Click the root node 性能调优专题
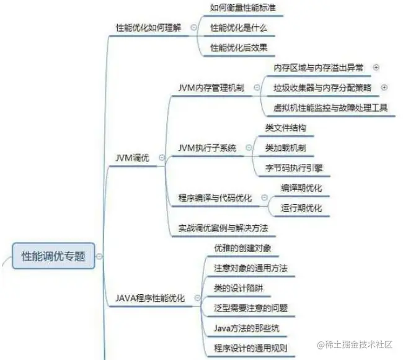point(53,255)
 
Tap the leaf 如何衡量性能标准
point(242,8)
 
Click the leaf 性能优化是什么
point(239,28)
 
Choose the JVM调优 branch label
point(132,158)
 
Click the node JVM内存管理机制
point(211,88)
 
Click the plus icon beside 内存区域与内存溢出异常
point(375,67)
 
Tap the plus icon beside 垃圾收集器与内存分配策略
point(384,88)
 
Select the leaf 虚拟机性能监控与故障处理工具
point(330,107)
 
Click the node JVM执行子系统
point(206,148)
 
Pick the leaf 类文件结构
point(285,128)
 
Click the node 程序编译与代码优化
point(215,198)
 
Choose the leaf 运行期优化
point(301,208)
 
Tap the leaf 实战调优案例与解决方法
point(223,228)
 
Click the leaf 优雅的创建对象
point(242,248)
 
